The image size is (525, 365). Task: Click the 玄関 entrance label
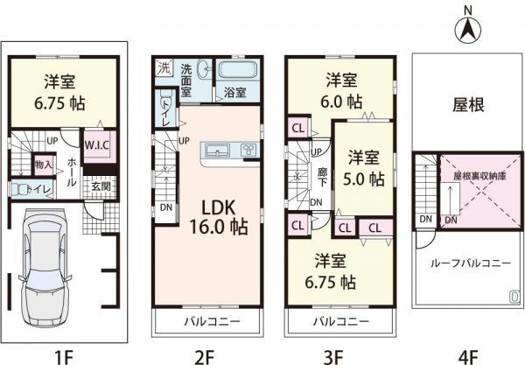pos(101,186)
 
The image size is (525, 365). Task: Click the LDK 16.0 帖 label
pos(225,215)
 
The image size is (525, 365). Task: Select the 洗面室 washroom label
pos(190,76)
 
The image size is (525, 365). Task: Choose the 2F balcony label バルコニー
pos(207,322)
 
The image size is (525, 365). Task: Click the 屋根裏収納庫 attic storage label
pos(475,174)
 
